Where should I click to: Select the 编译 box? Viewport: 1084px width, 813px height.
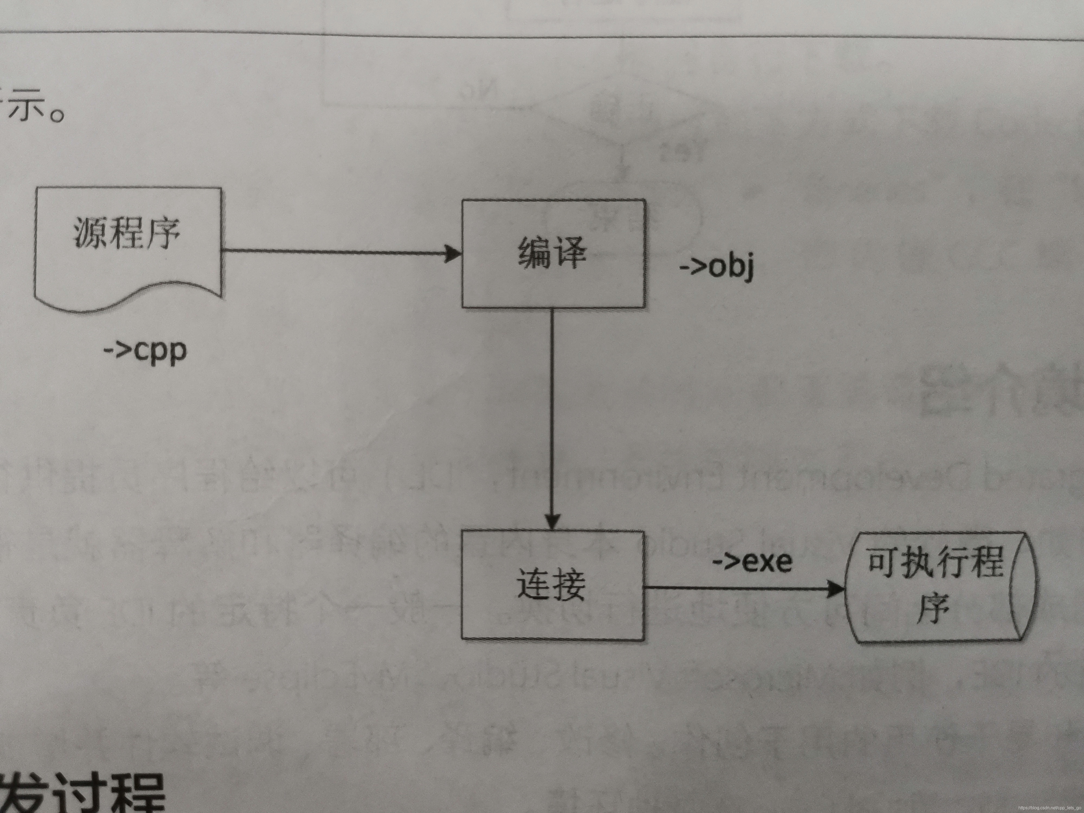click(553, 253)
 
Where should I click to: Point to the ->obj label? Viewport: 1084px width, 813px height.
click(717, 267)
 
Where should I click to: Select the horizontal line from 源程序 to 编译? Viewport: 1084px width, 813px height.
click(333, 252)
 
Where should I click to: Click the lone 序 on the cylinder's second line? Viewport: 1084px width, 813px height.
click(934, 609)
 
